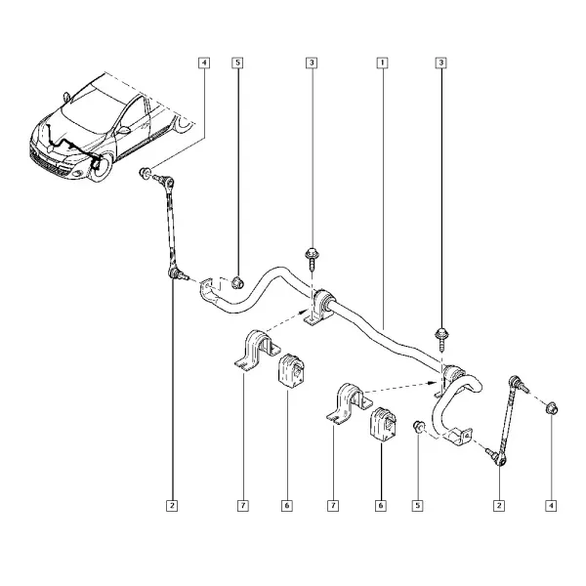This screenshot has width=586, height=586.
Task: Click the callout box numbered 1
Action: tap(382, 63)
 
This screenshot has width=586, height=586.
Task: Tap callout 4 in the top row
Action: tap(204, 63)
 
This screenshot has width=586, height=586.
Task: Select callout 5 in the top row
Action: tap(237, 63)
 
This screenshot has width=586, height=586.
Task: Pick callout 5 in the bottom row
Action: tap(417, 506)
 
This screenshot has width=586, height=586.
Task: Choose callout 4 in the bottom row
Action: tap(551, 506)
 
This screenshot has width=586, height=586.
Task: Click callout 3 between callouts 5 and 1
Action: tap(312, 63)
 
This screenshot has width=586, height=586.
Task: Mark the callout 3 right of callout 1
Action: tap(441, 63)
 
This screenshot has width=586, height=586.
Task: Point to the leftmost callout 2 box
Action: tap(172, 506)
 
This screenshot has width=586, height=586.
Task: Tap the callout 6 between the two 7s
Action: tap(287, 506)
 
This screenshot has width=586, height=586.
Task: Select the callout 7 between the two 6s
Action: tap(333, 506)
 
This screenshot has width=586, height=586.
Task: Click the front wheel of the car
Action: tap(101, 167)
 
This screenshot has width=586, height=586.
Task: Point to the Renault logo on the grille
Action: tap(51, 149)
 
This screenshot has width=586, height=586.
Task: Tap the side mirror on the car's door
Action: tap(124, 131)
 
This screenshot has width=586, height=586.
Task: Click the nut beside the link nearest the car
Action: tap(145, 173)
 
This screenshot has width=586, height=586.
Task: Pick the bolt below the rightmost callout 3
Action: tap(441, 340)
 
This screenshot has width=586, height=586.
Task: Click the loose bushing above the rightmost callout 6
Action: tap(383, 424)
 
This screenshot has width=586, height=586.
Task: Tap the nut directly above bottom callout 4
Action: tap(552, 407)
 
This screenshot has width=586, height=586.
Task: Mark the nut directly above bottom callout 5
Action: tap(418, 426)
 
